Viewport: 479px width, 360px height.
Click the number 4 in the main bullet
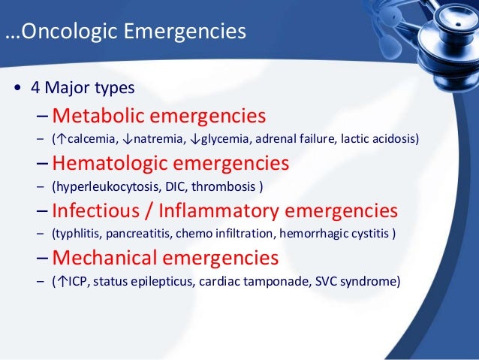point(35,88)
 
